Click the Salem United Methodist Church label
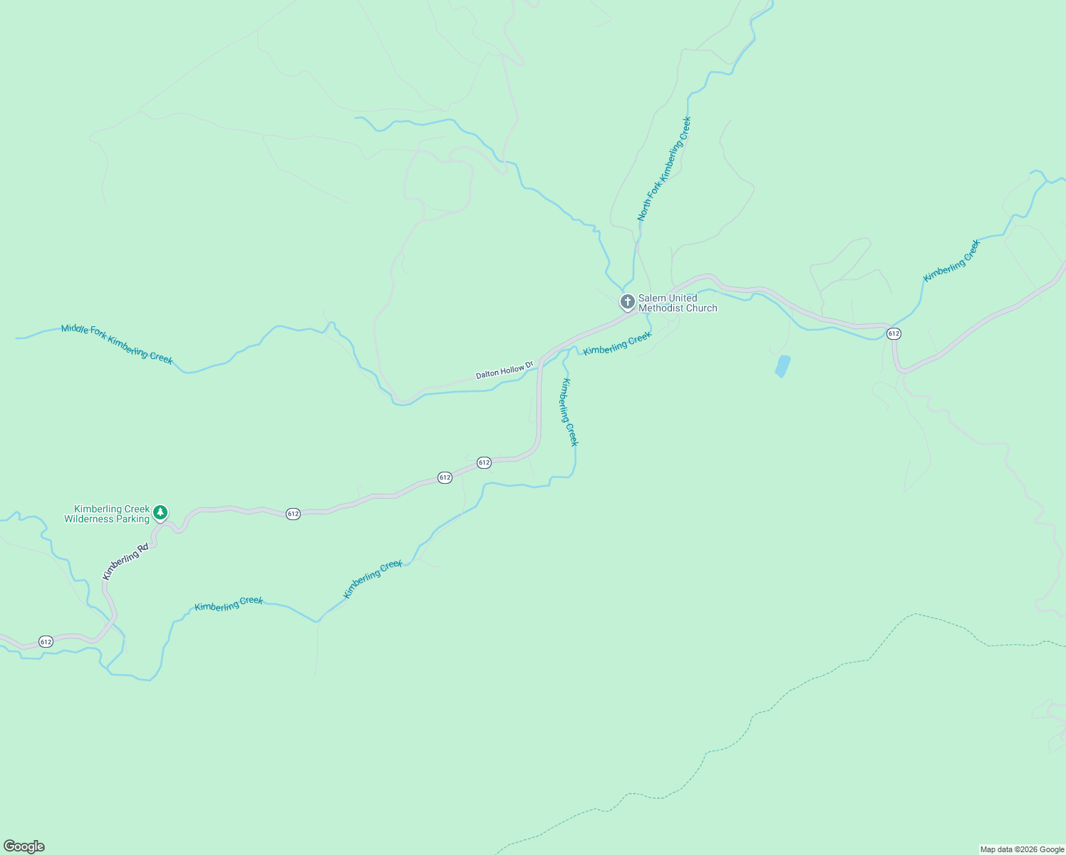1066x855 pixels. pyautogui.click(x=677, y=303)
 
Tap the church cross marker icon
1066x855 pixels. pyautogui.click(x=627, y=302)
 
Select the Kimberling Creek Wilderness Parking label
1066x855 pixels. pyautogui.click(x=107, y=514)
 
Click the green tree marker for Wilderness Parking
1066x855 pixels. pyautogui.click(x=161, y=512)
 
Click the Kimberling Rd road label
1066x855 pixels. pyautogui.click(x=125, y=561)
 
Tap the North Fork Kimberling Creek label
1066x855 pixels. pyautogui.click(x=664, y=169)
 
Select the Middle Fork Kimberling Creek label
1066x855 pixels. pyautogui.click(x=117, y=343)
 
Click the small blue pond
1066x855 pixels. pyautogui.click(x=782, y=366)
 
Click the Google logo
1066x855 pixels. pyautogui.click(x=24, y=846)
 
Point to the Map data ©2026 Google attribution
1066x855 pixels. pyautogui.click(x=1022, y=849)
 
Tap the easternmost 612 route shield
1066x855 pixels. pyautogui.click(x=894, y=333)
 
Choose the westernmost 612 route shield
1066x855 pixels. pyautogui.click(x=46, y=641)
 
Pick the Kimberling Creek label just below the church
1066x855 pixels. pyautogui.click(x=617, y=343)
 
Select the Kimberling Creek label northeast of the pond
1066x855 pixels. pyautogui.click(x=952, y=261)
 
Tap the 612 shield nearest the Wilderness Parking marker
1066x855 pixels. pyautogui.click(x=293, y=514)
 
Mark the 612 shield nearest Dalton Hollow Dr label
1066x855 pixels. pyautogui.click(x=484, y=462)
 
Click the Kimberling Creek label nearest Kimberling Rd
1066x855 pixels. pyautogui.click(x=229, y=603)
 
